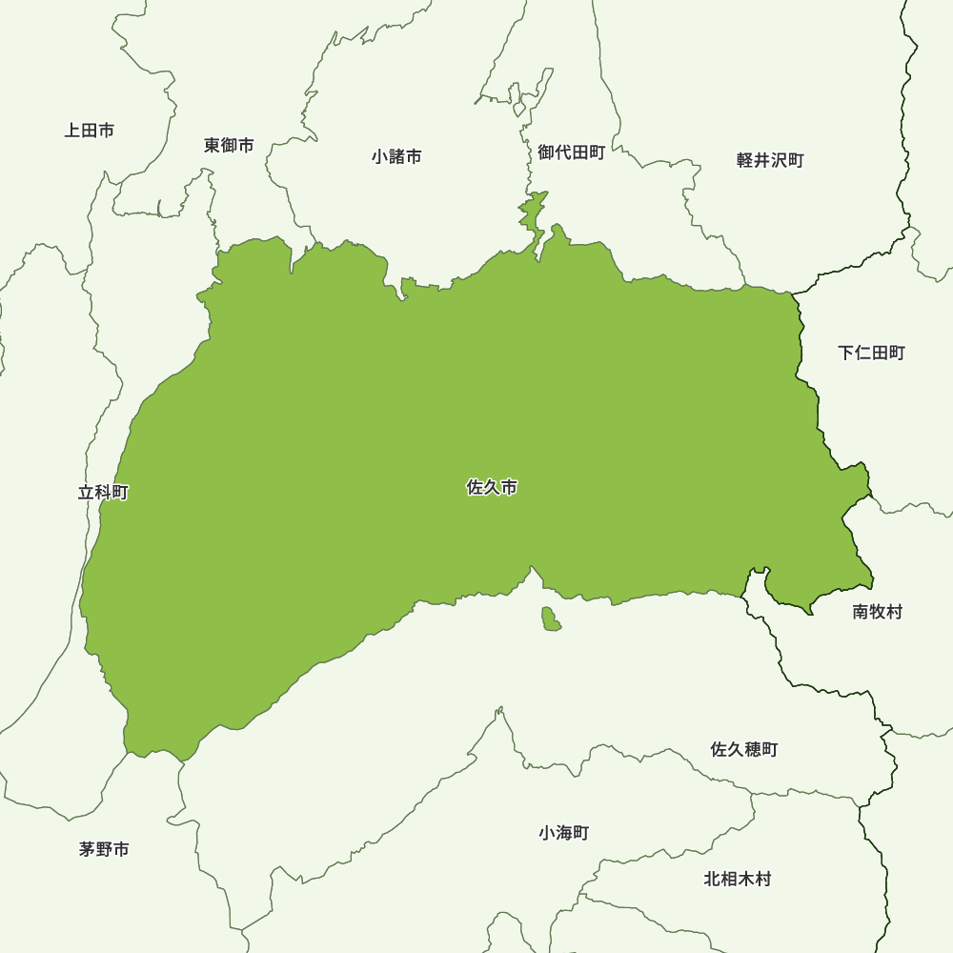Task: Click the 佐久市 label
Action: click(x=492, y=488)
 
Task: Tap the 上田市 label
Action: click(x=90, y=131)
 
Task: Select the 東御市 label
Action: click(x=229, y=146)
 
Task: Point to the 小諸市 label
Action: click(x=396, y=156)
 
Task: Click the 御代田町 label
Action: click(x=571, y=152)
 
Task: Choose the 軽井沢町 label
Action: click(x=770, y=160)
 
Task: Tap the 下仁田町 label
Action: click(x=871, y=354)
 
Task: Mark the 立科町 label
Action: click(x=103, y=493)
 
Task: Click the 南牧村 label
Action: click(x=877, y=612)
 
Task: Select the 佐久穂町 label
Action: click(x=744, y=750)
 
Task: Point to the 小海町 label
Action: click(x=563, y=833)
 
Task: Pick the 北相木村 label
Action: click(x=738, y=880)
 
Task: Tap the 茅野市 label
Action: click(x=104, y=849)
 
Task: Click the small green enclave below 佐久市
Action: click(x=550, y=619)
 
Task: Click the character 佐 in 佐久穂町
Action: click(x=720, y=750)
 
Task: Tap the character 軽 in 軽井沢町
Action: click(x=745, y=160)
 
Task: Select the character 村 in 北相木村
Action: click(x=762, y=880)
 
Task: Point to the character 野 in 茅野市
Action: click(x=104, y=849)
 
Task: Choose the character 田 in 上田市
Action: click(x=90, y=131)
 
